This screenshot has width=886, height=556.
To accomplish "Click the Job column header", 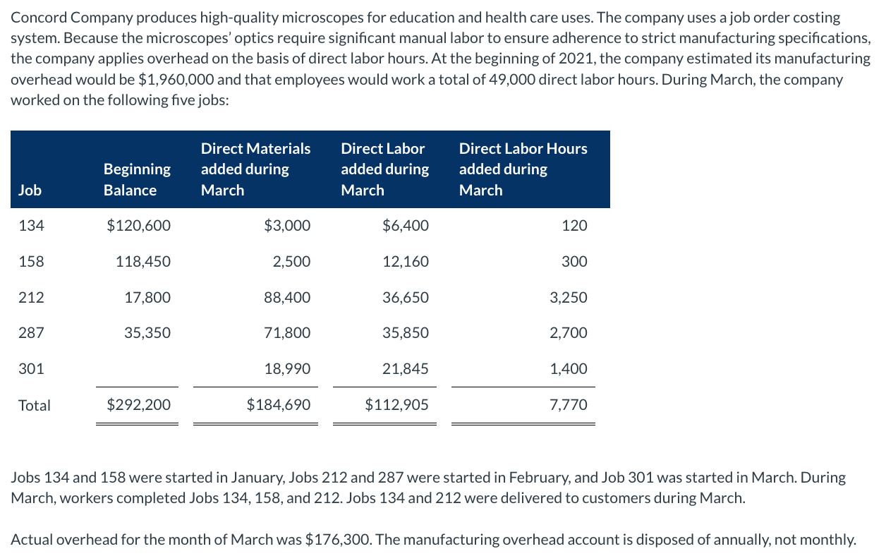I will tap(30, 190).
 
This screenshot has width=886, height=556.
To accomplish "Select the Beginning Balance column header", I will tap(137, 179).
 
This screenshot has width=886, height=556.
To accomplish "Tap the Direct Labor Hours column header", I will tap(523, 169).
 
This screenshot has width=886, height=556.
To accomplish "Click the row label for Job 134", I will tap(31, 226).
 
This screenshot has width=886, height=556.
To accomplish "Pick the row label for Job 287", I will tap(31, 333).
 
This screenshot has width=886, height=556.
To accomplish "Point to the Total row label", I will tap(35, 405).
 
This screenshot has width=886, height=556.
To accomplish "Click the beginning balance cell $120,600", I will tap(138, 226).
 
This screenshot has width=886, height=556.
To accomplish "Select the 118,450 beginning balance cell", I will tap(143, 262).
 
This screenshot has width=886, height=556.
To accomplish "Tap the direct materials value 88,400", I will tap(287, 298).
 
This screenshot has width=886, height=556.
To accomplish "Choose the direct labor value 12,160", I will tap(406, 262).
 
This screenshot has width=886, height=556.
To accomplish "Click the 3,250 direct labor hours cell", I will tap(569, 298).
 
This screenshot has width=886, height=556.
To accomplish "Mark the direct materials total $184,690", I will tap(279, 405).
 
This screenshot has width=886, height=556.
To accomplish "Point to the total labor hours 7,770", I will tap(569, 405).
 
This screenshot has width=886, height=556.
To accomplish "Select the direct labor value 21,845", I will tap(406, 369).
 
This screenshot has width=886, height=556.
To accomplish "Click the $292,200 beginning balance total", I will tap(138, 405).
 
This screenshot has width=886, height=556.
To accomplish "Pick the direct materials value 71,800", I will tap(287, 333).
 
